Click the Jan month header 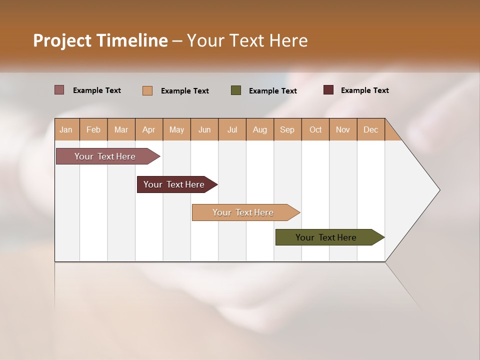(66, 130)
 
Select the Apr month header (148, 130)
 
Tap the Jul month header (232, 130)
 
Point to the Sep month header (287, 130)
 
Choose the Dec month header (370, 130)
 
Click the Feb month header (93, 130)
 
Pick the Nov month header (342, 130)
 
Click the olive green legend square (236, 90)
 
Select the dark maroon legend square (328, 90)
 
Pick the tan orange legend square (147, 90)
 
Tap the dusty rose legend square (59, 90)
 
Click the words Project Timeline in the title (100, 40)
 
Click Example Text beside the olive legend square (272, 91)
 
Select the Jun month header (204, 130)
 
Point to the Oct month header (315, 130)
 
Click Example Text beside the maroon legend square (364, 90)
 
